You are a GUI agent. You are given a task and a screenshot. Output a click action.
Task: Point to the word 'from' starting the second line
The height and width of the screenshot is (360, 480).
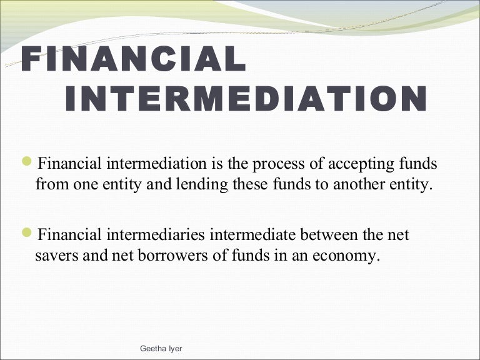49,186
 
